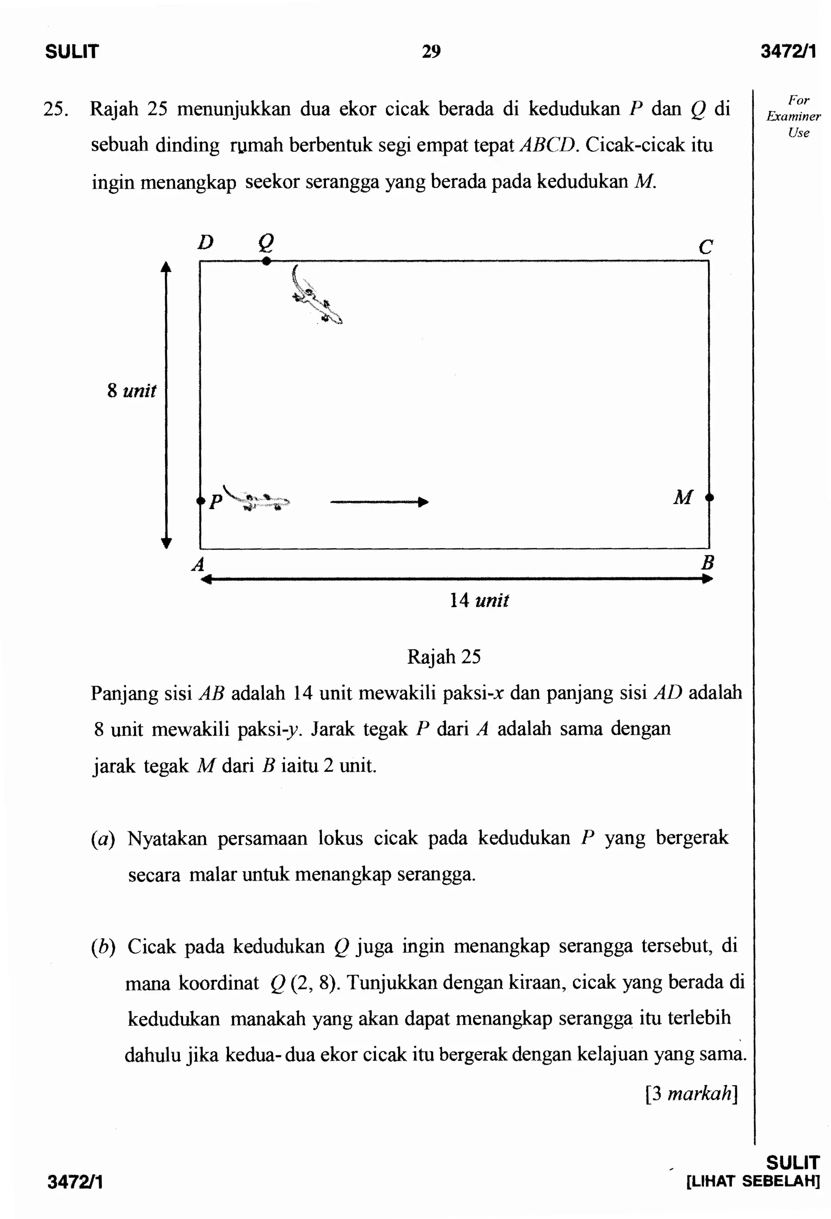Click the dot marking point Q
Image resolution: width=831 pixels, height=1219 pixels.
coord(266,261)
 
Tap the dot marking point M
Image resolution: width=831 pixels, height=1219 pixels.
coord(709,497)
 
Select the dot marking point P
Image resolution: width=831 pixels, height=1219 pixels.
coord(200,501)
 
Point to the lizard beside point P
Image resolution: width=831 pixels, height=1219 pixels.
coord(260,500)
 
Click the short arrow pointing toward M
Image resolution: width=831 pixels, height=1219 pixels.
coord(379,502)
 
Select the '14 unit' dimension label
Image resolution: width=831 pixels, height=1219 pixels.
coord(479,600)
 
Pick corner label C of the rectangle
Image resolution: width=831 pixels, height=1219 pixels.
coord(706,246)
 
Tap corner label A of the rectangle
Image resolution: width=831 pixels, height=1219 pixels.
coord(198,564)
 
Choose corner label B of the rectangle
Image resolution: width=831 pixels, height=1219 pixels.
coord(707,563)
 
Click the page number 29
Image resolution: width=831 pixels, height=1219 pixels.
coord(431,52)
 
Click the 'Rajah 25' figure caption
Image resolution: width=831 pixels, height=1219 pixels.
coord(443,657)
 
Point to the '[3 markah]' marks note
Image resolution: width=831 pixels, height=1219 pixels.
coord(691,1093)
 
